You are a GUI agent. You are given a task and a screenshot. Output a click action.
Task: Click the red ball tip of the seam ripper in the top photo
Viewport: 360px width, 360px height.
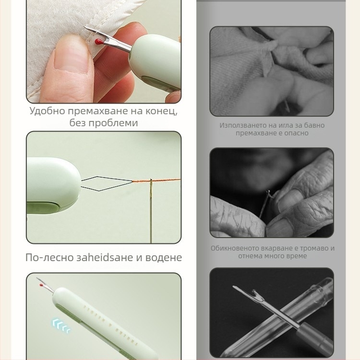98,42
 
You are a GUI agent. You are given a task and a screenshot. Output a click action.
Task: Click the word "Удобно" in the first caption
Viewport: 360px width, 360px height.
48,111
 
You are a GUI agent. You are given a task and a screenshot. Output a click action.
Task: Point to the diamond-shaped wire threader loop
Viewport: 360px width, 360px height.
106,184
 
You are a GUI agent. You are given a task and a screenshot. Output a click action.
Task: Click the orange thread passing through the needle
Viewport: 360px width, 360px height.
156,180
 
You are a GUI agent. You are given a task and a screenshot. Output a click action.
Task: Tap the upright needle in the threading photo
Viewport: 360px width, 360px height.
151,211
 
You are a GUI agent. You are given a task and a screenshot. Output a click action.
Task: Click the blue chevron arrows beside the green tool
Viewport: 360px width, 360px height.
61,325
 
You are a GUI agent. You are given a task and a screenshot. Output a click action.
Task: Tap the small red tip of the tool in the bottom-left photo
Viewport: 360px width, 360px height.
41,286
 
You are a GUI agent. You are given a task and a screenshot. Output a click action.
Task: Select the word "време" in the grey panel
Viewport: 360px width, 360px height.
297,256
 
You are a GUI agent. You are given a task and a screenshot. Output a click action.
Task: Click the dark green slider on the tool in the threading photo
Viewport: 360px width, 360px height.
43,207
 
